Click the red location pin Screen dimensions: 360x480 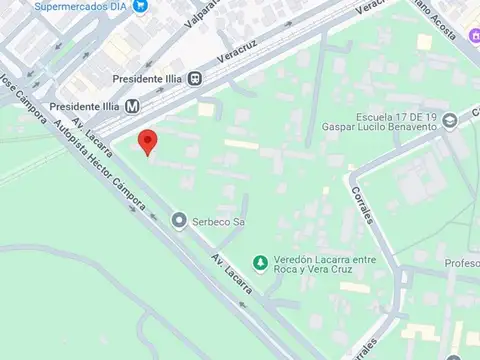(x=148, y=142)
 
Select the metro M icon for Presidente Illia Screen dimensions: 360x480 (x=132, y=104)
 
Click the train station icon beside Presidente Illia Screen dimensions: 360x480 (x=197, y=79)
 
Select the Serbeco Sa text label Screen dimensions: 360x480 (x=218, y=221)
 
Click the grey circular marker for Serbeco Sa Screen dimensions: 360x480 (x=179, y=220)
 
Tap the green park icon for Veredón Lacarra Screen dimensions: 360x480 (x=260, y=263)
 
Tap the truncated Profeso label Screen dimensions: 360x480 (x=461, y=264)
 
